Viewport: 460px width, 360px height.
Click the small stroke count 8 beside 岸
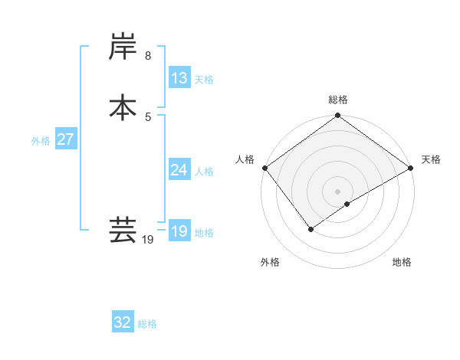click(x=148, y=56)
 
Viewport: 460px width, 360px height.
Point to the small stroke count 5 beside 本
click(x=148, y=116)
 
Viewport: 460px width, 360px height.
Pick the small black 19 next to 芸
click(x=148, y=241)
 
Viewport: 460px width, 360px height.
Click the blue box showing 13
click(x=179, y=78)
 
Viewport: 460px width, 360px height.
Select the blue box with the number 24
click(x=179, y=170)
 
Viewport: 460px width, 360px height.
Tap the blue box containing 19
click(x=179, y=231)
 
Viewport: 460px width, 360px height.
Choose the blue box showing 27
click(x=66, y=140)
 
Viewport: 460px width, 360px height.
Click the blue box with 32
click(x=123, y=322)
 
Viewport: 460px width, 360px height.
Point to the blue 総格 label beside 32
click(x=147, y=324)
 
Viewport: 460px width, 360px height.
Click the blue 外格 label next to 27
click(x=41, y=141)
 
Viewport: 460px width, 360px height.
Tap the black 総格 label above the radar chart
click(x=338, y=100)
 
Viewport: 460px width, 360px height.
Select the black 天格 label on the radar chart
click(x=431, y=159)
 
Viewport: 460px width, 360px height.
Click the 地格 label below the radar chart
click(x=402, y=262)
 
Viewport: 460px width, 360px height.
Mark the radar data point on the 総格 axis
click(x=338, y=116)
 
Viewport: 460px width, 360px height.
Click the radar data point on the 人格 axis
click(x=264, y=168)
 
